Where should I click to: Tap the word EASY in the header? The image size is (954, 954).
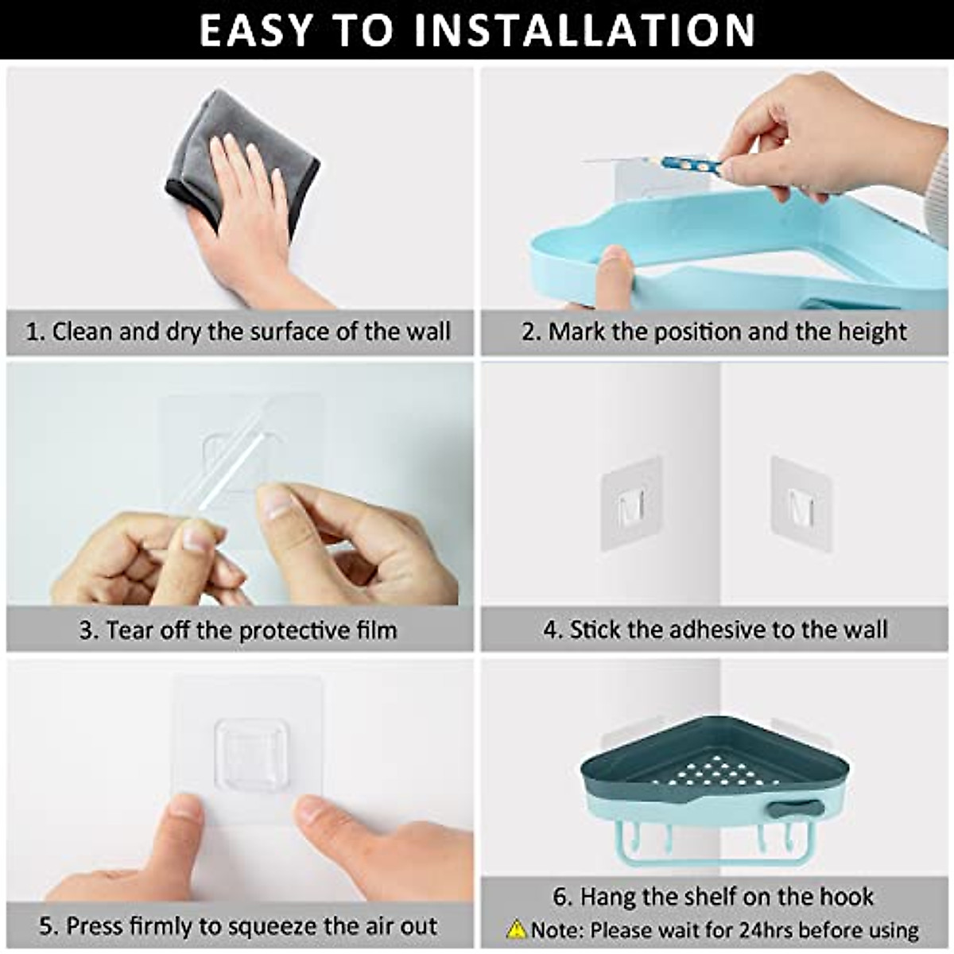[255, 29]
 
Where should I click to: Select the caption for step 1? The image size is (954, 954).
[238, 332]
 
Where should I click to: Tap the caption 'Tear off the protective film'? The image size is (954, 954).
[238, 630]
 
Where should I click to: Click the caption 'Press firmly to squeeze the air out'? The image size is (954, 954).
[238, 925]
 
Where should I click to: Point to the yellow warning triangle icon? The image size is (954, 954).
[517, 929]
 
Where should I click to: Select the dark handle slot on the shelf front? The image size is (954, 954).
[795, 809]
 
